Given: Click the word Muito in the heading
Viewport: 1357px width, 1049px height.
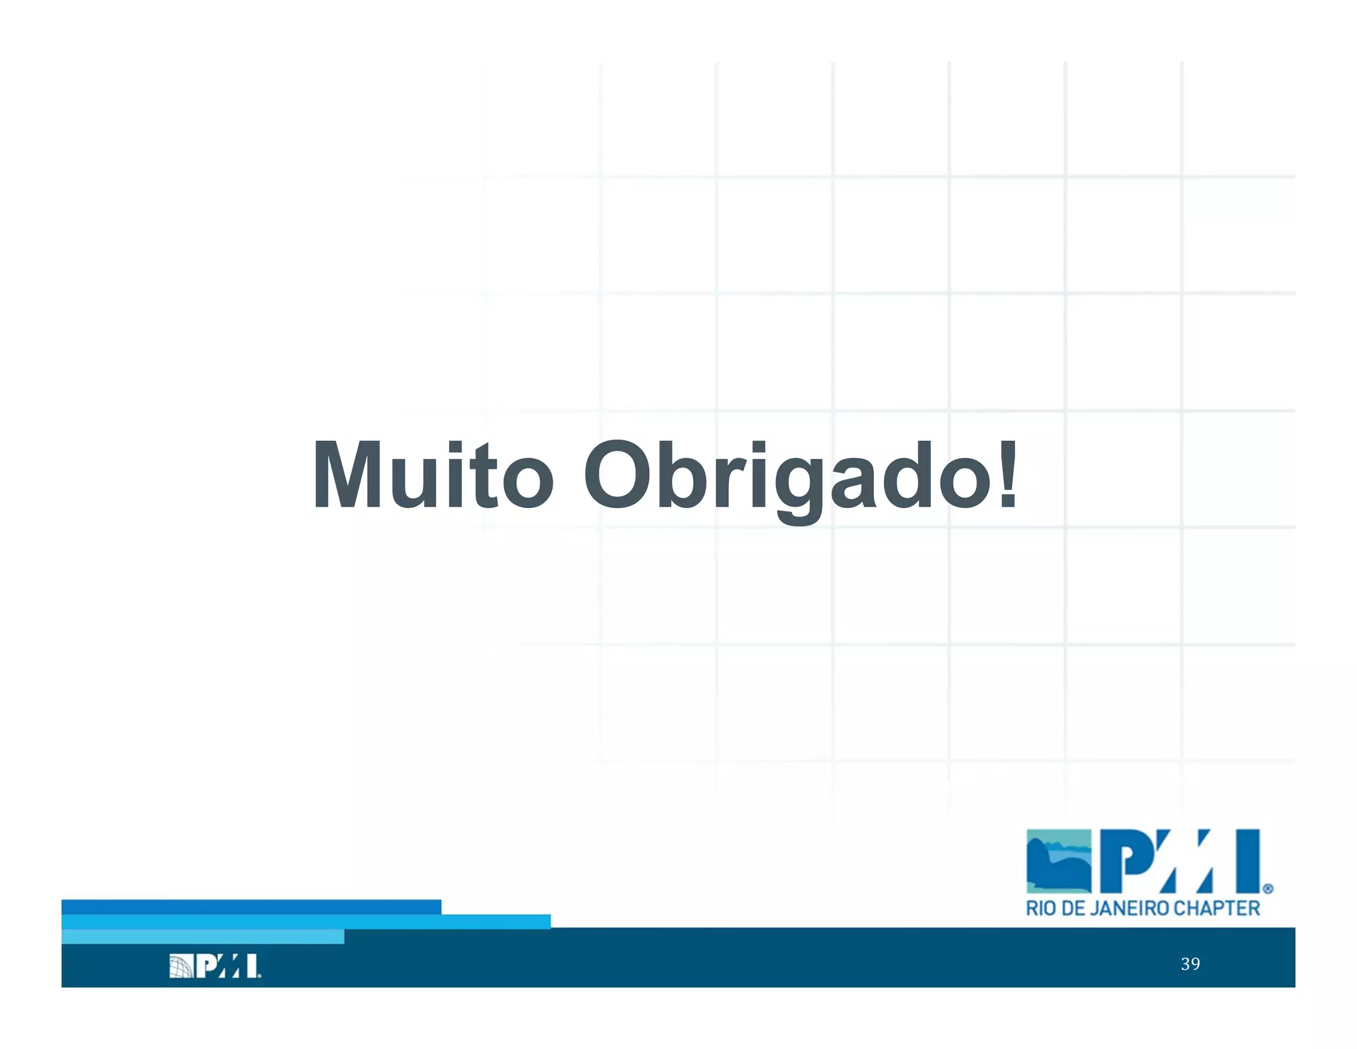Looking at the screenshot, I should click(432, 475).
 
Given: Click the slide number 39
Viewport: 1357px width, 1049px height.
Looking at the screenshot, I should click(1190, 963).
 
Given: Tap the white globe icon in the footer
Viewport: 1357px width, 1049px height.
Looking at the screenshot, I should click(181, 965).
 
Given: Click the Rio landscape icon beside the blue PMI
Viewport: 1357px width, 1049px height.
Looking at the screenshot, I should click(1058, 861).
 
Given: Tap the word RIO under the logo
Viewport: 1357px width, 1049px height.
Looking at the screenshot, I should click(1041, 908).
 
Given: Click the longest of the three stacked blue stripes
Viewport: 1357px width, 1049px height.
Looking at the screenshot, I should click(305, 922).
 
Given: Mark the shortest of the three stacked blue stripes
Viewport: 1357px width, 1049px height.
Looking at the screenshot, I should click(202, 936).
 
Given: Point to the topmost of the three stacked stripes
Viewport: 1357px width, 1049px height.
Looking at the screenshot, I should click(251, 906).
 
